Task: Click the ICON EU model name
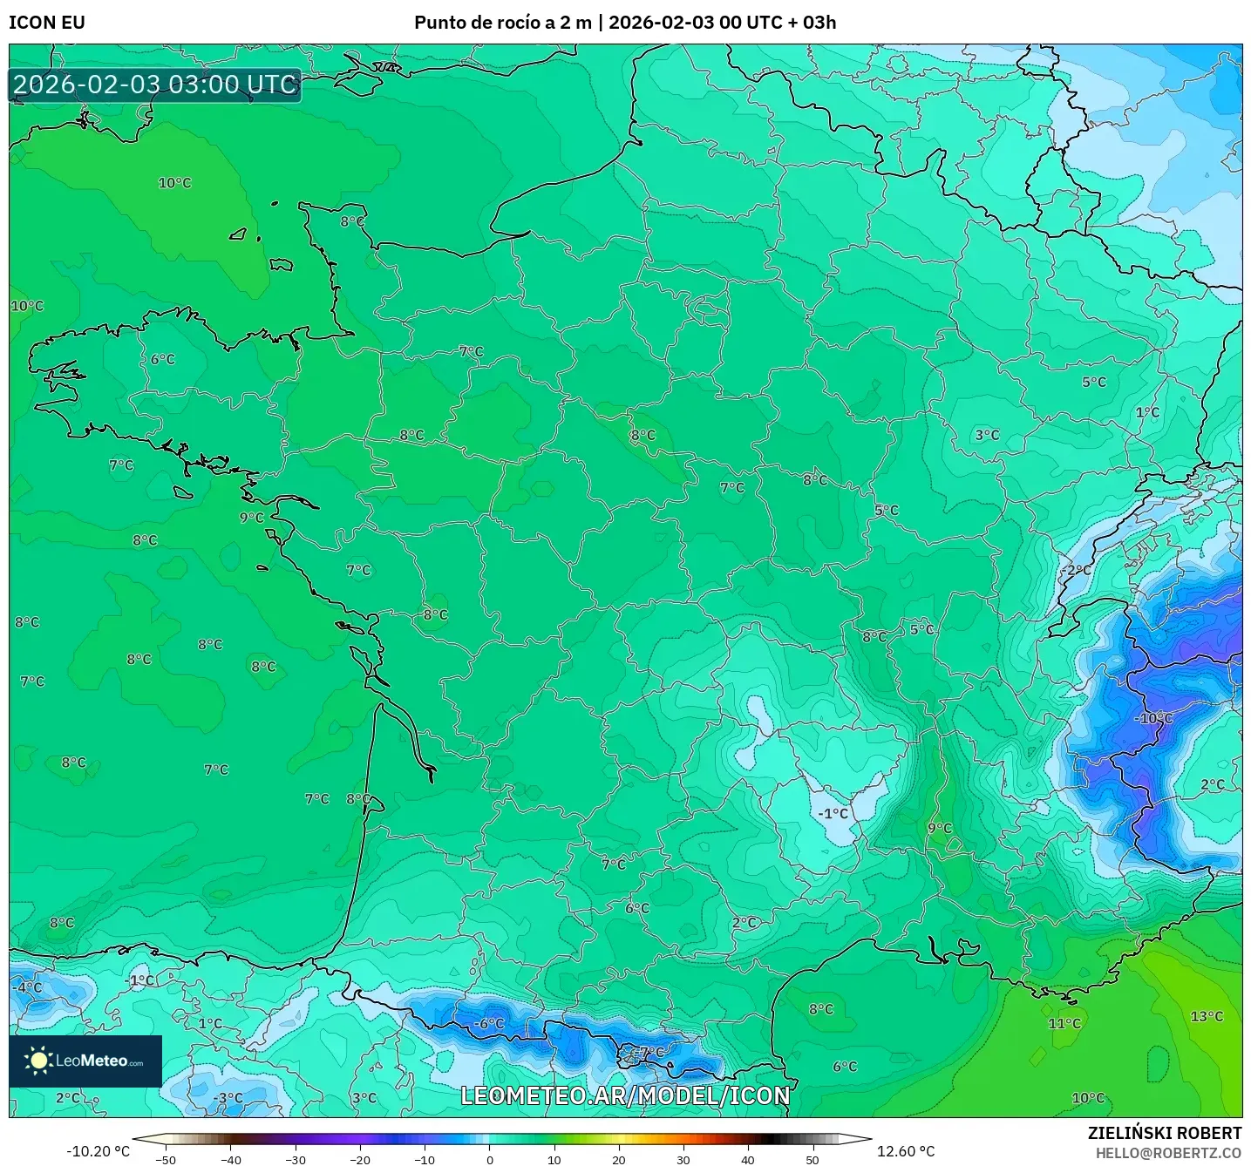pyautogui.click(x=47, y=23)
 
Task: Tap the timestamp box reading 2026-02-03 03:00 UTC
pyautogui.click(x=155, y=85)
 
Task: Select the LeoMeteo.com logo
pyautogui.click(x=85, y=1061)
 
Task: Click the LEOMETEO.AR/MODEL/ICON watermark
pyautogui.click(x=625, y=1095)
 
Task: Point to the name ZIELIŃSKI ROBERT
pyautogui.click(x=1165, y=1133)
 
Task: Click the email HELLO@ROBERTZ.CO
pyautogui.click(x=1168, y=1153)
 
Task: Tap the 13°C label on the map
pyautogui.click(x=1207, y=1016)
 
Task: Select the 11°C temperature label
pyautogui.click(x=1064, y=1023)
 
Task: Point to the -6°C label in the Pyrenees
pyautogui.click(x=488, y=1023)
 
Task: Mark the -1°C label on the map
pyautogui.click(x=833, y=813)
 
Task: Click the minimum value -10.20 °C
pyautogui.click(x=98, y=1151)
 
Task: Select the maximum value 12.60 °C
pyautogui.click(x=906, y=1151)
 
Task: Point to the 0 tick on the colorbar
pyautogui.click(x=490, y=1159)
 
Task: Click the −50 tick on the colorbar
pyautogui.click(x=166, y=1159)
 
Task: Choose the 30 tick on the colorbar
pyautogui.click(x=683, y=1159)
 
